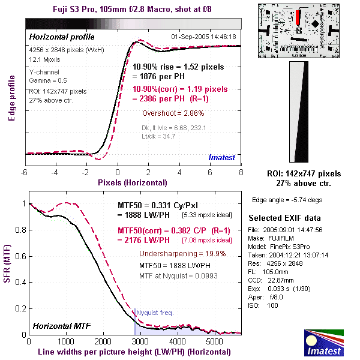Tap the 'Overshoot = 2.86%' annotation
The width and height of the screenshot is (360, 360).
(173, 113)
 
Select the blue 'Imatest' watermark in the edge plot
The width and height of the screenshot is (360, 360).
(222, 158)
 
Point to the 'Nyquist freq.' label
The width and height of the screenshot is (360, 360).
(155, 312)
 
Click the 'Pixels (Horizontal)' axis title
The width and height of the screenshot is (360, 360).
(132, 182)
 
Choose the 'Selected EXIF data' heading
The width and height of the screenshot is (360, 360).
(285, 217)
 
